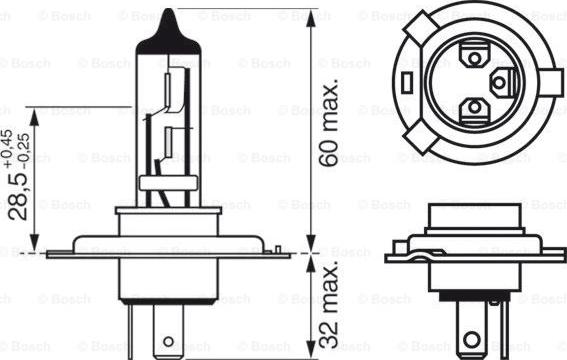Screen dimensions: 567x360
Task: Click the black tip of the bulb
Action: pos(168,34)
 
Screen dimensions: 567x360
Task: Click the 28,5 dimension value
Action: pos(18,196)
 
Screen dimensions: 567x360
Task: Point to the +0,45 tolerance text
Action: pos(8,148)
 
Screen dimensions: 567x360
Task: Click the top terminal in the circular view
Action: pos(474,55)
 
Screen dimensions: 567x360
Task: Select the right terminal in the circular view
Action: pos(502,83)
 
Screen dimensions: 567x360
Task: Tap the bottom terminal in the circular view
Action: pos(474,108)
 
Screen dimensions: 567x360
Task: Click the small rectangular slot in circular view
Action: pos(406,82)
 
